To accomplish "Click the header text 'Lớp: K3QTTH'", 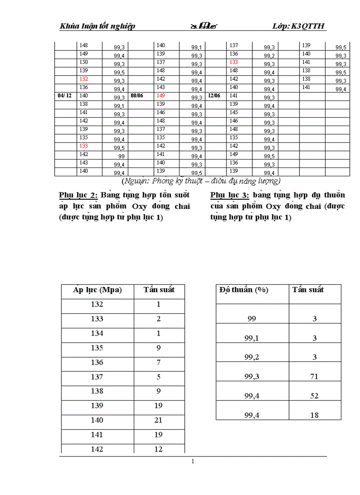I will tap(299, 26).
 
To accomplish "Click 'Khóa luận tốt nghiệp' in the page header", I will tap(97, 26).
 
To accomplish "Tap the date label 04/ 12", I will tap(64, 96).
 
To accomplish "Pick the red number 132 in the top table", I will tap(83, 79).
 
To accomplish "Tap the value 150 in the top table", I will tap(83, 62).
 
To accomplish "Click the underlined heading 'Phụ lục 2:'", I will tap(78, 195).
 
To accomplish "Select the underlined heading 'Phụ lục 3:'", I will tap(230, 195).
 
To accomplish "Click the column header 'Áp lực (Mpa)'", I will tap(97, 290).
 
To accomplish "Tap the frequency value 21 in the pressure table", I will tap(159, 420).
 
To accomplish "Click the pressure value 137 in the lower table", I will tap(97, 377).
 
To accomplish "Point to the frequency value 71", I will tap(314, 376).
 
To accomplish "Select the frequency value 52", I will tap(314, 396).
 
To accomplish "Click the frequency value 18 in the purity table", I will tap(314, 415).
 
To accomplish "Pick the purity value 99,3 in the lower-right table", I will tap(251, 376).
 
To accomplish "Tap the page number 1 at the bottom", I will tap(193, 462).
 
